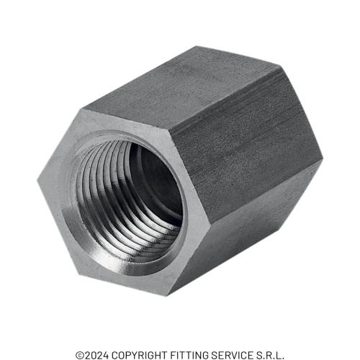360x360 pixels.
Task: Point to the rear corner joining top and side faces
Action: pos(279,63)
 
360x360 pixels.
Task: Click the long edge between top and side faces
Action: pos(223,92)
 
